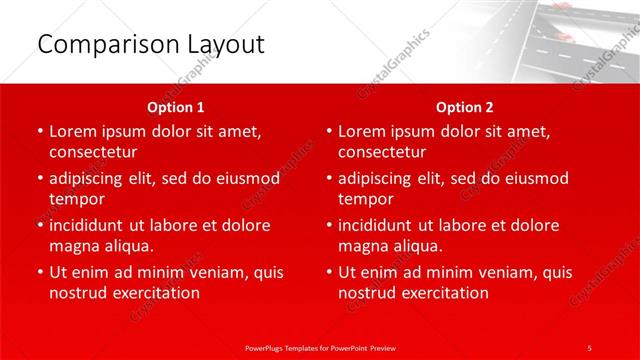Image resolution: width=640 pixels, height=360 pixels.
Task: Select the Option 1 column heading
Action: point(176,106)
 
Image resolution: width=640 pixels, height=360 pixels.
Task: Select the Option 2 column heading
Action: point(465,106)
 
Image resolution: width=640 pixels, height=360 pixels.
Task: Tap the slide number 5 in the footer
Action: point(590,347)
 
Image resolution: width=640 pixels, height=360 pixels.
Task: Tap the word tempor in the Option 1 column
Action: point(76,199)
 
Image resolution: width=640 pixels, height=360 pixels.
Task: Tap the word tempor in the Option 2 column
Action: point(365,199)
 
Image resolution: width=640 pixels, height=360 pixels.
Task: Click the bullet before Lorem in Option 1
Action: point(39,131)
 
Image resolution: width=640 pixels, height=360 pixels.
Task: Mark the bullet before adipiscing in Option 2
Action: point(328,178)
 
